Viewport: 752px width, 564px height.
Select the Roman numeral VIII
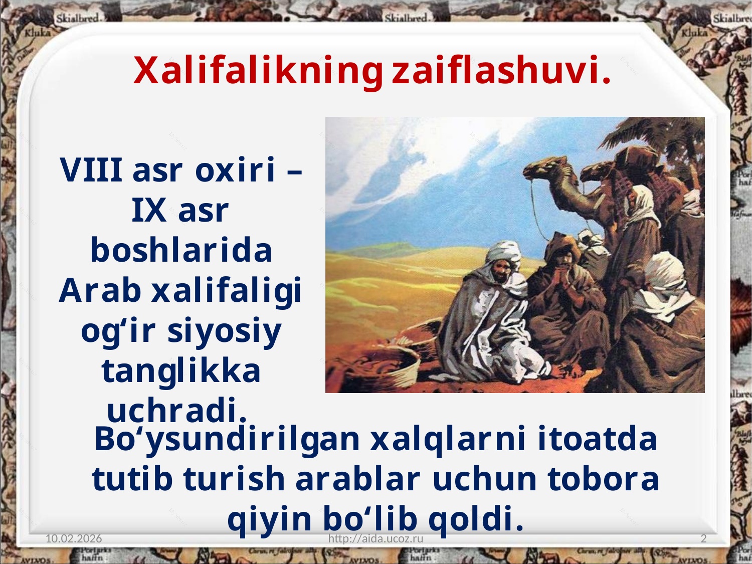tap(91, 169)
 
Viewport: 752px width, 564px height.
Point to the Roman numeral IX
tap(149, 210)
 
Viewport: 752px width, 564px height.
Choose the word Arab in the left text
tap(100, 290)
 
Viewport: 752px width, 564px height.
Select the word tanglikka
tap(181, 371)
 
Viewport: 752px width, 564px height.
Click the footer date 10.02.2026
tap(74, 538)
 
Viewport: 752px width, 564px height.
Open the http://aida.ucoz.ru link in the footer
tap(376, 538)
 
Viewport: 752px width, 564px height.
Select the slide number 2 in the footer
tap(704, 538)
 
